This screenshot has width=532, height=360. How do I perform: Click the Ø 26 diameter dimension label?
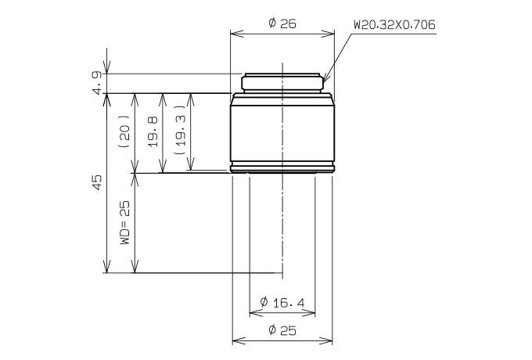pos(282,23)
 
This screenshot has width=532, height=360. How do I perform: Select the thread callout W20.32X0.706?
pos(394,25)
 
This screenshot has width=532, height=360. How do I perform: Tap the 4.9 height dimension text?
pos(97,82)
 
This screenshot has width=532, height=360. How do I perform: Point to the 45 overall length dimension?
pos(97,182)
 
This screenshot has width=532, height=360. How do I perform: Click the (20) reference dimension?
pos(124,131)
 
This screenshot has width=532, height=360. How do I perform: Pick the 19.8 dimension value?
pos(153,131)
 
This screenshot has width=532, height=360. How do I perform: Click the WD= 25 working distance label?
pos(124,222)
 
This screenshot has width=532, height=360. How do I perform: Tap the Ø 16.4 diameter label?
pos(282,302)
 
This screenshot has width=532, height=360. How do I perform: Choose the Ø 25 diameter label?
pos(282,329)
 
